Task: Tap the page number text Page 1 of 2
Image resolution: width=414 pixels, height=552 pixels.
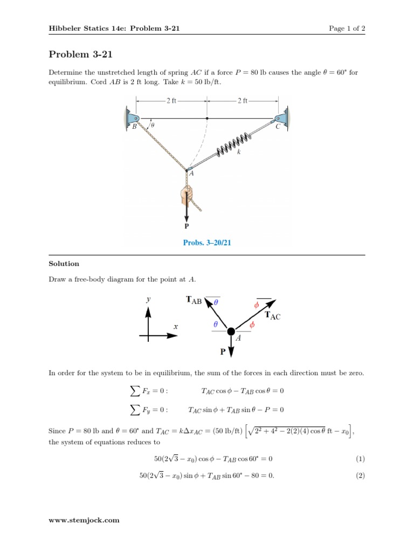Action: [347, 29]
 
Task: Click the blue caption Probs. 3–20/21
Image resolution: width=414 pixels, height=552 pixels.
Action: [207, 243]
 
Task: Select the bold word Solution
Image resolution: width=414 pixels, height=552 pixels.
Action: [64, 264]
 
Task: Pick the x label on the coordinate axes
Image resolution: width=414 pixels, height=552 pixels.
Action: [175, 327]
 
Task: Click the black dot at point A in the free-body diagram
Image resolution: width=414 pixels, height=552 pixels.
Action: [231, 332]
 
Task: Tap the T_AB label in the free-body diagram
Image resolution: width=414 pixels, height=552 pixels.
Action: [194, 300]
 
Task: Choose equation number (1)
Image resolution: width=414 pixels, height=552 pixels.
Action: [360, 459]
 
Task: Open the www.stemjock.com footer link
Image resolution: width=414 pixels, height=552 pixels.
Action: [84, 520]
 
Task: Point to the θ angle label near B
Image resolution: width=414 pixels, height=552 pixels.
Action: [153, 125]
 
